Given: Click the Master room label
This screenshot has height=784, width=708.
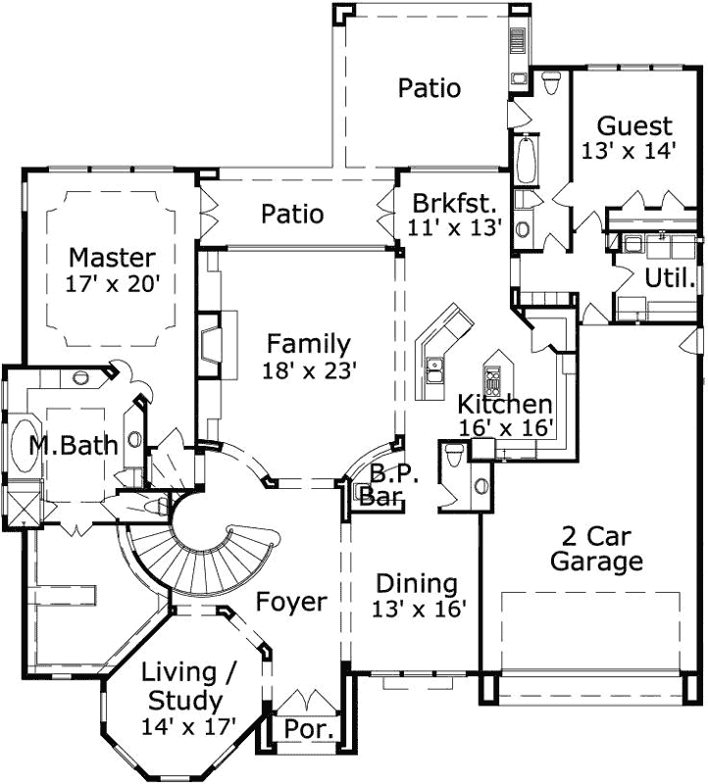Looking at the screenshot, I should tap(112, 259).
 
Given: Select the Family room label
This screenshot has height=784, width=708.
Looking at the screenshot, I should tap(308, 345).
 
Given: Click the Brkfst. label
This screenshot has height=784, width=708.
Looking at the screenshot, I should tap(455, 204).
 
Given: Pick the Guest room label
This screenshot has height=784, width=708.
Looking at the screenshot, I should tap(635, 126).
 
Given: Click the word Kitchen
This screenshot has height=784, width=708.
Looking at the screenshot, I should tap(505, 404).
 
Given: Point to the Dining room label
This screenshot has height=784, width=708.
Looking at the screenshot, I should tap(417, 584).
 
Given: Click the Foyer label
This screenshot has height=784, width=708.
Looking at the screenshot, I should tap(291, 602).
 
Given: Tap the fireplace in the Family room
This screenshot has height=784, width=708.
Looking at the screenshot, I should tap(214, 346).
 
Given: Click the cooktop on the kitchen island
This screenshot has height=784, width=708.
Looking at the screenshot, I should tap(492, 376).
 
